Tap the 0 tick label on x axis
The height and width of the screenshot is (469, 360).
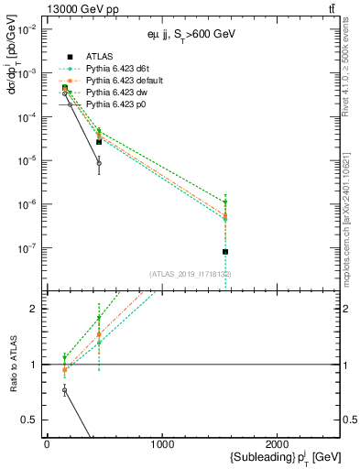tap(47, 444)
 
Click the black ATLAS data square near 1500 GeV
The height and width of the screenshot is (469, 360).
tap(225, 251)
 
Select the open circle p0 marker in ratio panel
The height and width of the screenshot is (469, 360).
tap(64, 390)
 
